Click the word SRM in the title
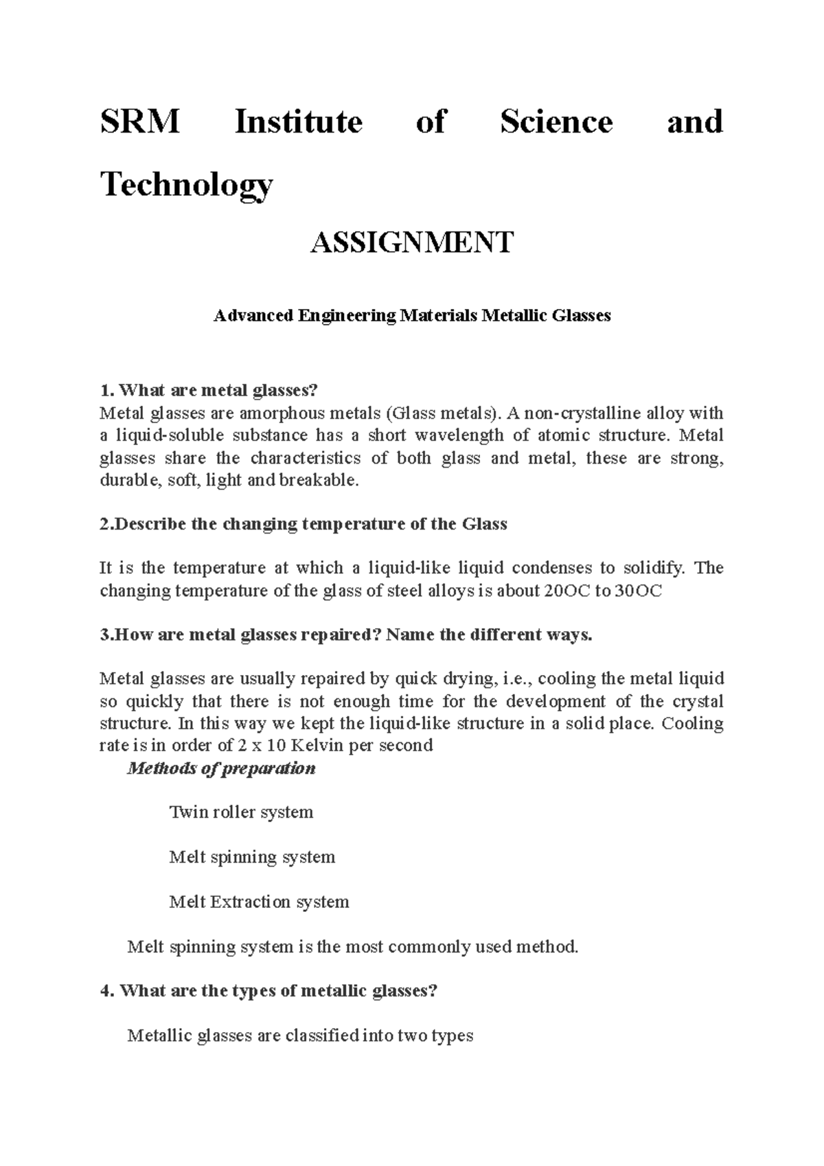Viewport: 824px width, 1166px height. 140,122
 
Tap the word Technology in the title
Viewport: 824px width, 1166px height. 187,184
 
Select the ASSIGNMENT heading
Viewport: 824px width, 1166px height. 412,242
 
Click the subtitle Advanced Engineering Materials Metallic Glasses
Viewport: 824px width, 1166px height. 412,316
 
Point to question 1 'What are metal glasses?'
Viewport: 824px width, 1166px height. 209,391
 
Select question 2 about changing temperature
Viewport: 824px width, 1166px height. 304,524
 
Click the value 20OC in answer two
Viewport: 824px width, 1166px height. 561,591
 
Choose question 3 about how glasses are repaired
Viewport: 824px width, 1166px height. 345,635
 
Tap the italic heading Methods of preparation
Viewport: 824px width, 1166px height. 221,768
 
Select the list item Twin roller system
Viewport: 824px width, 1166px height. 241,812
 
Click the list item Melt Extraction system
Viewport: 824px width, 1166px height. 259,902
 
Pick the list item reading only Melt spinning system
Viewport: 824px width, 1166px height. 252,857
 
